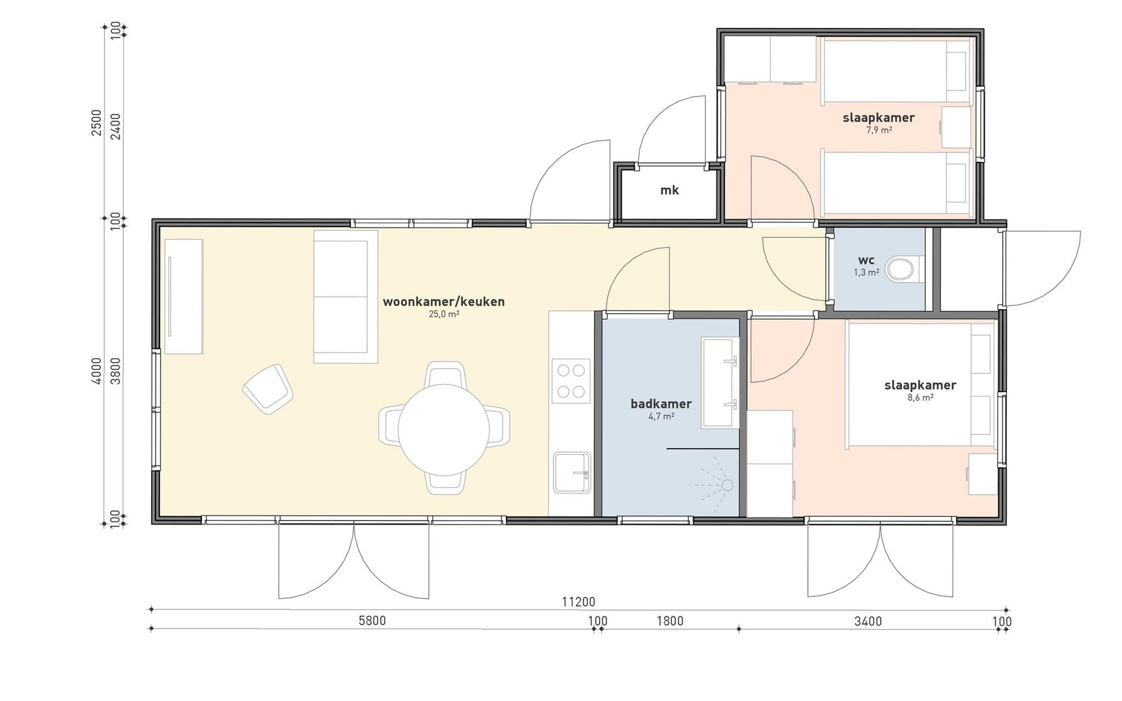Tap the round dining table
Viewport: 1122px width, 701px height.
pyautogui.click(x=444, y=429)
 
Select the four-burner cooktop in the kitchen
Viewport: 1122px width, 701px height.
pyautogui.click(x=571, y=381)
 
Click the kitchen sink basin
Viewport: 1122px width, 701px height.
pyautogui.click(x=572, y=473)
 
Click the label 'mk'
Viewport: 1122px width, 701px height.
pyautogui.click(x=670, y=190)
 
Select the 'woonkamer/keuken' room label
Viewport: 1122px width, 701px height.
pyautogui.click(x=444, y=301)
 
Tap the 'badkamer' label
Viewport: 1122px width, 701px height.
pyautogui.click(x=661, y=404)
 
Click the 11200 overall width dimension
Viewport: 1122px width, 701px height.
pyautogui.click(x=579, y=602)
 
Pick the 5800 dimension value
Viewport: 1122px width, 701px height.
pyautogui.click(x=372, y=620)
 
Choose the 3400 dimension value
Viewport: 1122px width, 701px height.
pyautogui.click(x=868, y=621)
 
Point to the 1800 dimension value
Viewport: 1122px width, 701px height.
pyautogui.click(x=670, y=620)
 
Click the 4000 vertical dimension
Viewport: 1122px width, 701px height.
pyautogui.click(x=97, y=371)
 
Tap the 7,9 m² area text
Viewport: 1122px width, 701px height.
pyautogui.click(x=879, y=130)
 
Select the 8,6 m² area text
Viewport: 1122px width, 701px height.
pyautogui.click(x=920, y=397)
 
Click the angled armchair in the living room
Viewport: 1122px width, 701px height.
pyautogui.click(x=268, y=389)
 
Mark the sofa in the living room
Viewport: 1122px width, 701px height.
pyautogui.click(x=345, y=297)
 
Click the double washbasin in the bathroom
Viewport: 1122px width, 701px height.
pyautogui.click(x=719, y=382)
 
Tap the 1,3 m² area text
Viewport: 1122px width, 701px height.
pyautogui.click(x=867, y=272)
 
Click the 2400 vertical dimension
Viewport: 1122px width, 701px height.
pyautogui.click(x=115, y=126)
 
